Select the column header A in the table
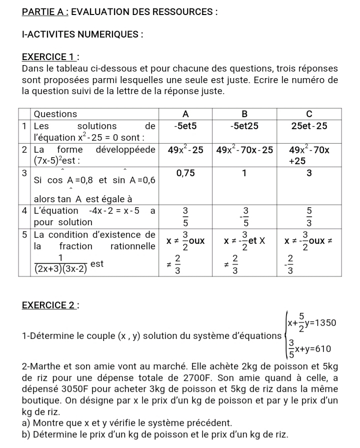[185, 114]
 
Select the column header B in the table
[244, 114]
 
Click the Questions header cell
[55, 114]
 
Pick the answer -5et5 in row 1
[185, 126]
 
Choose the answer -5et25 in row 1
[244, 126]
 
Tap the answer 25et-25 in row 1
[309, 126]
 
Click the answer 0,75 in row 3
[185, 173]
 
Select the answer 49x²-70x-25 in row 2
[244, 150]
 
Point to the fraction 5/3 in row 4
[309, 216]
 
